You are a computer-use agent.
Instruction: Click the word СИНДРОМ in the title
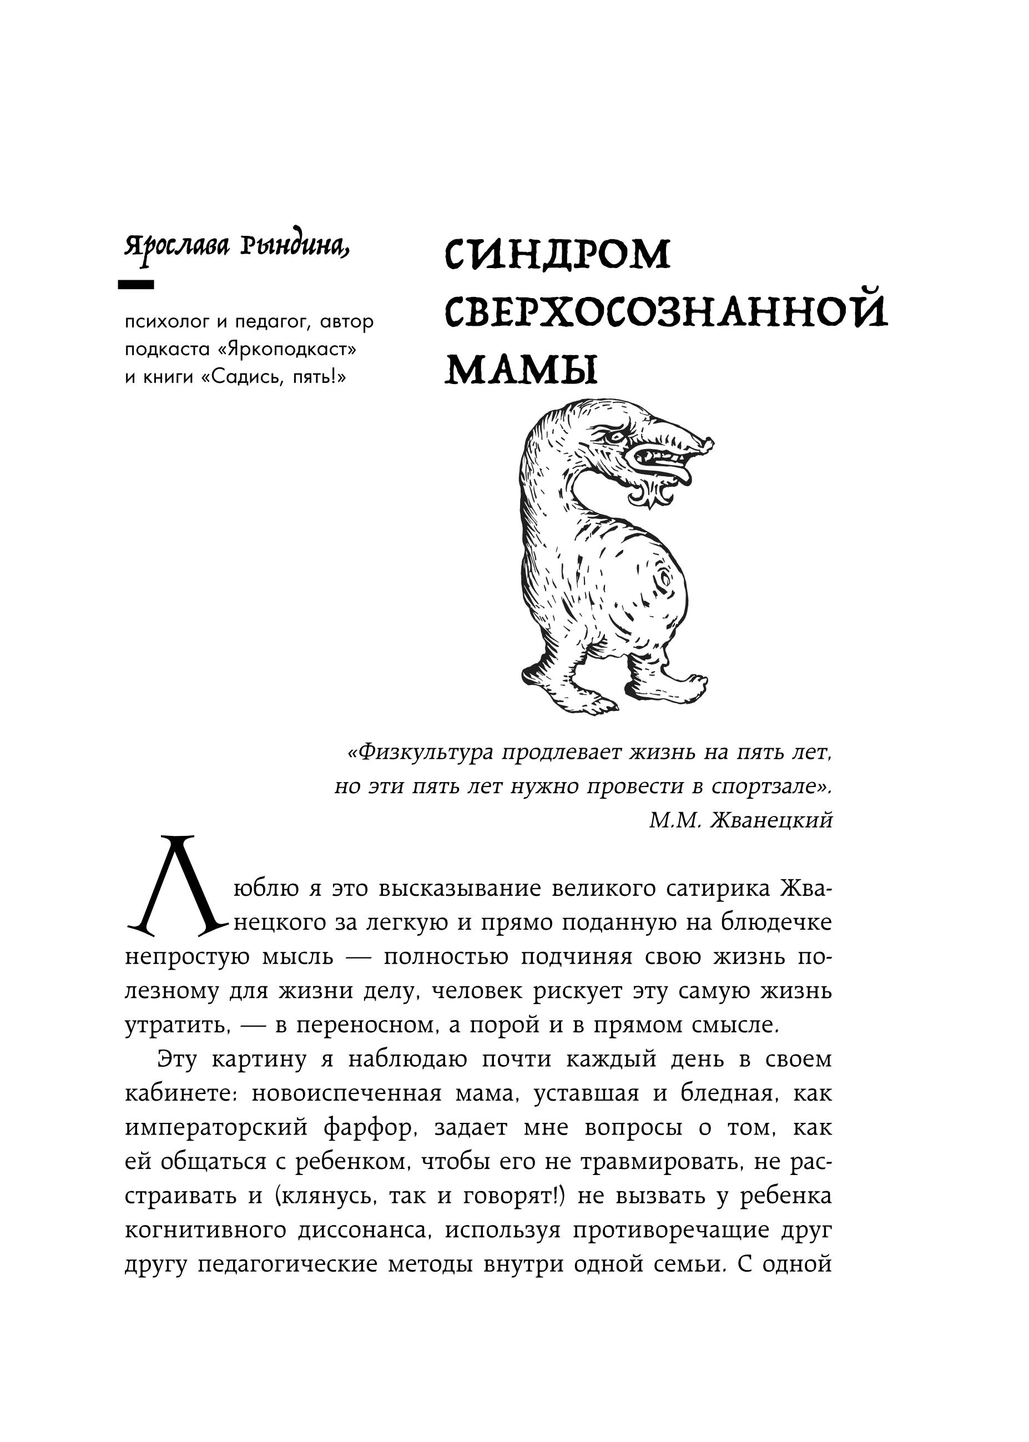pyautogui.click(x=558, y=255)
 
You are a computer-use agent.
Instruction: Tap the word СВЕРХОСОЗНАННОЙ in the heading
pyautogui.click(x=666, y=312)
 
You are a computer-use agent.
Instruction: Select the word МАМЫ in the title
pyautogui.click(x=522, y=370)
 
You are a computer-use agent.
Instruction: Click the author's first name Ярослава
pyautogui.click(x=177, y=246)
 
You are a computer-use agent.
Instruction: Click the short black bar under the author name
pyautogui.click(x=136, y=285)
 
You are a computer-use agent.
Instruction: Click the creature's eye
pyautogui.click(x=613, y=436)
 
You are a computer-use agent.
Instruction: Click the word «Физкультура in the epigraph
pyautogui.click(x=420, y=753)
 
